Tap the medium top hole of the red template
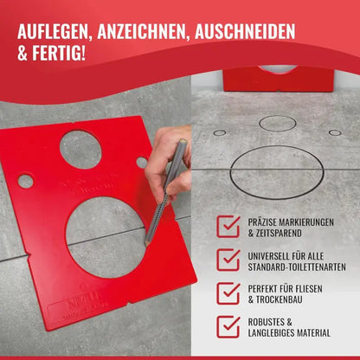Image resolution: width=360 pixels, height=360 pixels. click(x=80, y=149)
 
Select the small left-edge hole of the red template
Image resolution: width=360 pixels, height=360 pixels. click(x=26, y=181)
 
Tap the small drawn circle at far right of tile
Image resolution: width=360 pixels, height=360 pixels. click(x=334, y=132)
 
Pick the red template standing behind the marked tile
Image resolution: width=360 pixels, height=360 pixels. click(x=278, y=79)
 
